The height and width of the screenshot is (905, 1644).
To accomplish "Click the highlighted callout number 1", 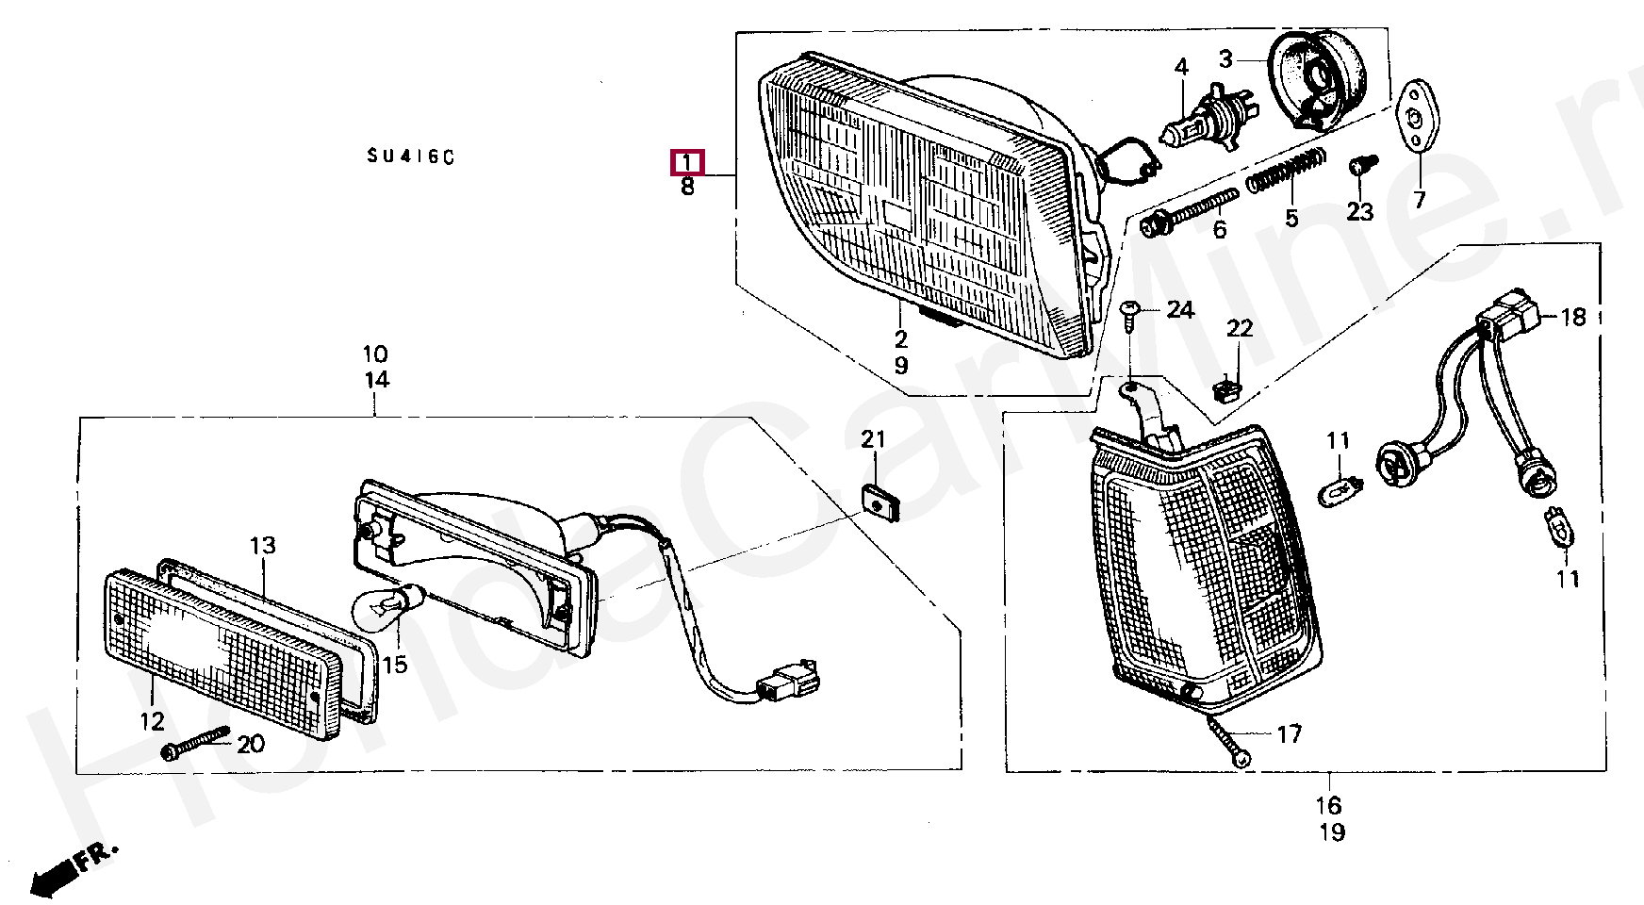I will [687, 162].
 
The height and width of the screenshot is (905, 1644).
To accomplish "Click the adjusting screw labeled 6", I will [1190, 213].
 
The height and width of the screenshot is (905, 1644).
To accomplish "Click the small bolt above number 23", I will [1359, 166].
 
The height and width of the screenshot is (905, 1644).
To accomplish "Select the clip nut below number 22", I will [1225, 387].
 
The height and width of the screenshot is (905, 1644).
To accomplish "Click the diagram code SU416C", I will [411, 156].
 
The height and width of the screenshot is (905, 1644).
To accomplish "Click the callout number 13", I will [263, 545].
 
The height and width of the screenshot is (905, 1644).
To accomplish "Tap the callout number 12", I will [152, 721].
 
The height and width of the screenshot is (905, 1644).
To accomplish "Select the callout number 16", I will [1329, 806].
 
